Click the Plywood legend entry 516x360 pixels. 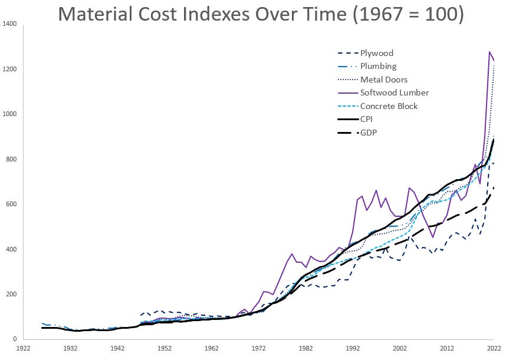click(376, 54)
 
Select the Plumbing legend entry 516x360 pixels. click(379, 67)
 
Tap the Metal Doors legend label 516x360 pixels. click(384, 80)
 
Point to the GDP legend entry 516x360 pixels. click(369, 133)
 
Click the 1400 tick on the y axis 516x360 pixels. click(9, 24)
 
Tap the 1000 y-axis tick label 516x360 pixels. click(9, 114)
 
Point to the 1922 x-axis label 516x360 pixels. click(24, 348)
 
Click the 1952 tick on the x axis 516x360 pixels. click(165, 348)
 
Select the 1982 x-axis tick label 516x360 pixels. click(305, 348)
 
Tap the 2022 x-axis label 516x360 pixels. click(493, 348)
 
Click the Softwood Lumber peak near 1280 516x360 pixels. click(489, 52)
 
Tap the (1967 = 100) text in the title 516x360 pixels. click(406, 13)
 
